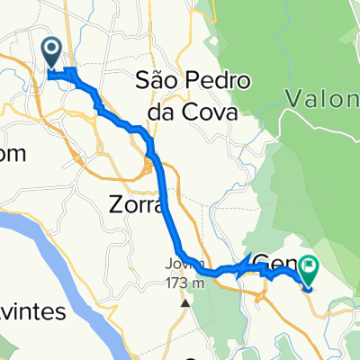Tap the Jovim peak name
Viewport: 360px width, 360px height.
point(179,264)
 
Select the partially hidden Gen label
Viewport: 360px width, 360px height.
point(273,263)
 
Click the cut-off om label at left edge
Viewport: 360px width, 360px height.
point(13,154)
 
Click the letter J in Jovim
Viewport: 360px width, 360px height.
point(167,264)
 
